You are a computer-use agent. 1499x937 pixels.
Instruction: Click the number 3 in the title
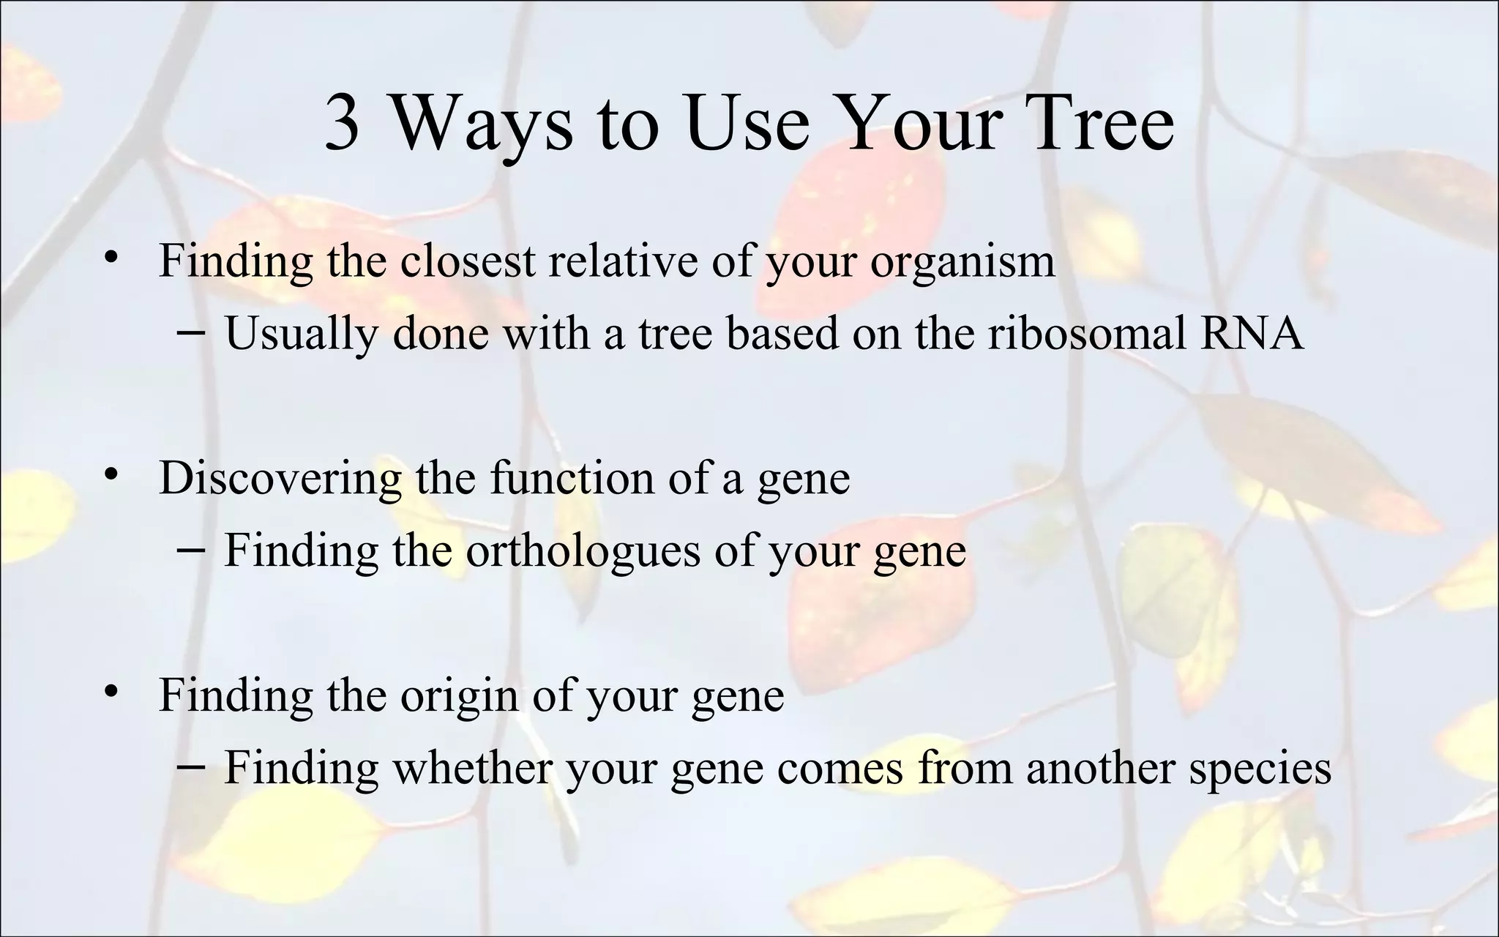click(342, 122)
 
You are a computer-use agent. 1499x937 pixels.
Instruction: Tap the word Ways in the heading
click(483, 122)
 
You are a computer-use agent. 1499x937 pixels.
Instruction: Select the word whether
click(472, 768)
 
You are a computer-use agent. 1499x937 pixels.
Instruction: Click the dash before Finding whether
click(191, 766)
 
